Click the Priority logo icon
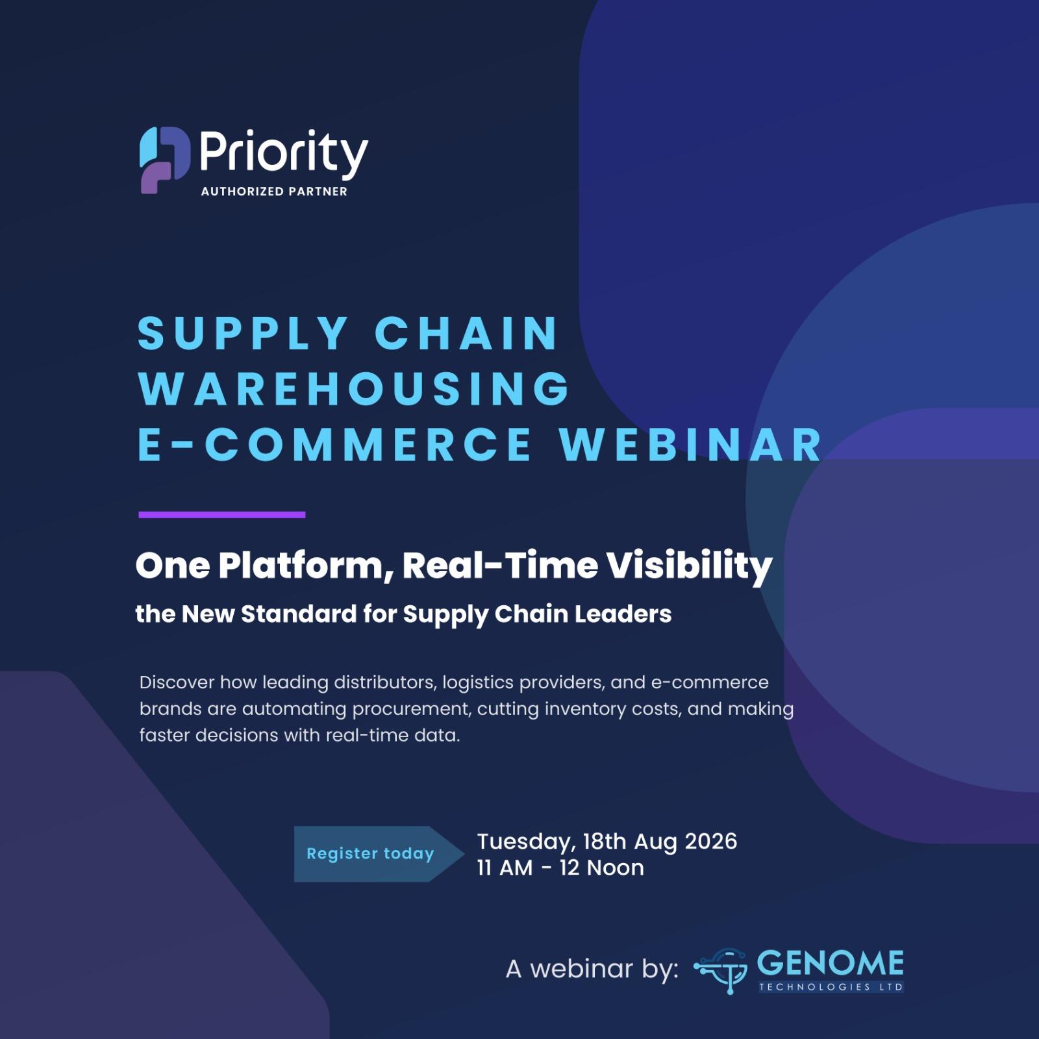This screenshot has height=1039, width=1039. pyautogui.click(x=164, y=160)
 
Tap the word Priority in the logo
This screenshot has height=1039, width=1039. pyautogui.click(x=284, y=155)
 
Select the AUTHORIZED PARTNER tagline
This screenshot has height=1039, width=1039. pyautogui.click(x=274, y=192)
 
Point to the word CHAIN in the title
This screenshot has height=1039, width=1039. pyautogui.click(x=466, y=334)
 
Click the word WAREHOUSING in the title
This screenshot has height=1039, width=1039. pyautogui.click(x=354, y=388)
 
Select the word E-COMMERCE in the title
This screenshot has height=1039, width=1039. pyautogui.click(x=335, y=445)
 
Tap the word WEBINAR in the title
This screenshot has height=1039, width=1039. pyautogui.click(x=692, y=445)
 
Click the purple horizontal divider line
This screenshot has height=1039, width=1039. pyautogui.click(x=222, y=515)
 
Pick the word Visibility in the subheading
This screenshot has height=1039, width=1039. pyautogui.click(x=690, y=566)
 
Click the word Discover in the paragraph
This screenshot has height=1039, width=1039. pyautogui.click(x=177, y=682)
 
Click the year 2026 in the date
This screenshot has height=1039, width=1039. pyautogui.click(x=711, y=842)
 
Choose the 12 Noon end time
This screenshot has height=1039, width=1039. pyautogui.click(x=601, y=868)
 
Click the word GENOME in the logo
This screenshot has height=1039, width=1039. pyautogui.click(x=830, y=964)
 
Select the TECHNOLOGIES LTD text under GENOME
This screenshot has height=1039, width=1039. pyautogui.click(x=831, y=987)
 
